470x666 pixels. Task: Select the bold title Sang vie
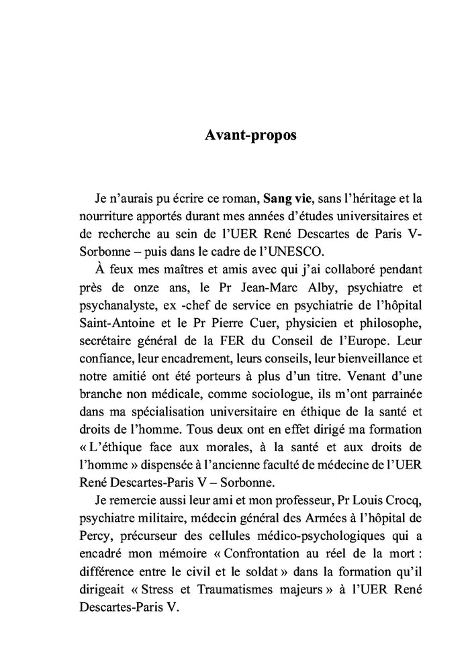point(287,199)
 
